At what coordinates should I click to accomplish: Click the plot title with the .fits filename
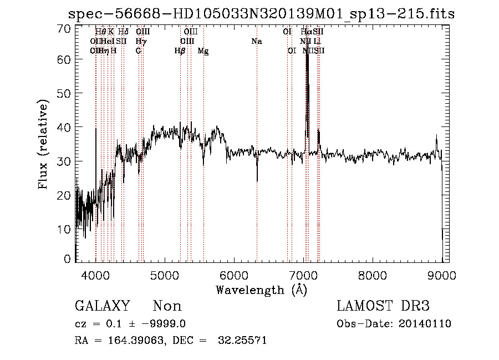point(261,14)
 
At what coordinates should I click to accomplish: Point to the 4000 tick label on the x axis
point(96,276)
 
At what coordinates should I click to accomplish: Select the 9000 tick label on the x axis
point(441,276)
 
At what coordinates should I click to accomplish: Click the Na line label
point(257,41)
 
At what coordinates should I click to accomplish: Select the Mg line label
point(203,50)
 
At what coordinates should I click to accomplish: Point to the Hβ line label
point(180,50)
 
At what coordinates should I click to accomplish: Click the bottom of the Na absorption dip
point(257,181)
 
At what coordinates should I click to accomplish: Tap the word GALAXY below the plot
point(102,306)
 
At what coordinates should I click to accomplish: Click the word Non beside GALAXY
point(167,306)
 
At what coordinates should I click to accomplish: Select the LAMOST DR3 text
point(383,306)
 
